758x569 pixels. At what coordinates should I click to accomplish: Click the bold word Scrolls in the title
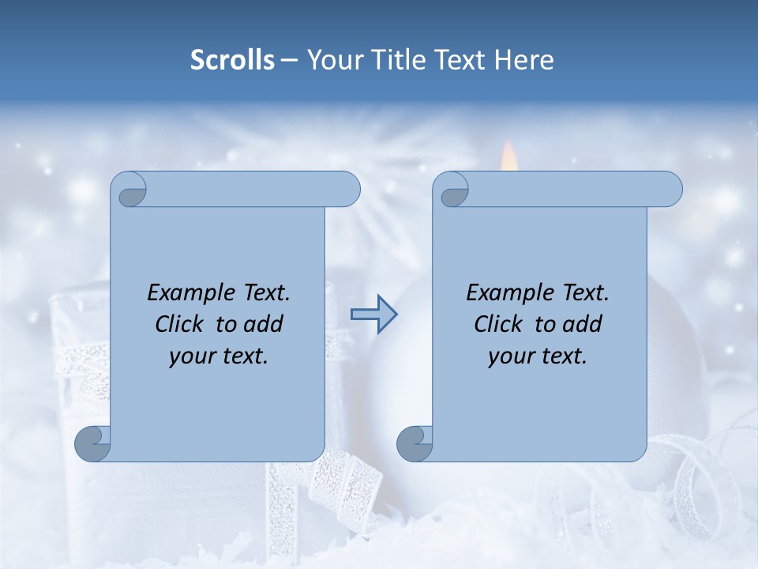point(232,59)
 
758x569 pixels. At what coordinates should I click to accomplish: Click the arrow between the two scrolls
point(373,315)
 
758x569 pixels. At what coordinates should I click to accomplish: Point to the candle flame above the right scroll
point(509,156)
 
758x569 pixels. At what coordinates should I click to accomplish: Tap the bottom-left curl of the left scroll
point(93,444)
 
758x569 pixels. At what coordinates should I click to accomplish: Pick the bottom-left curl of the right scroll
point(415,444)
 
